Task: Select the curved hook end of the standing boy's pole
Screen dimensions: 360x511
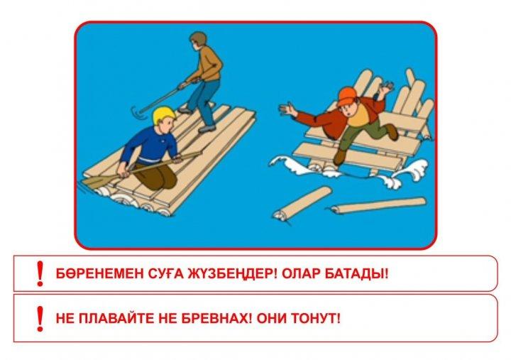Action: point(136,114)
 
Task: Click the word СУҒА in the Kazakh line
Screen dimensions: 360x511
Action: point(155,273)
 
